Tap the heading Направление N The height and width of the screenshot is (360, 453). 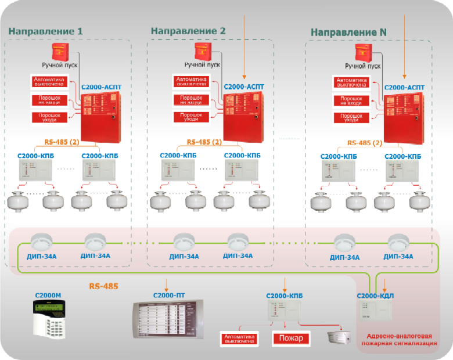point(348,33)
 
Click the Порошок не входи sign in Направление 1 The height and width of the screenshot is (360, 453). point(49,100)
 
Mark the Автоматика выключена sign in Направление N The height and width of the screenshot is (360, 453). point(352,82)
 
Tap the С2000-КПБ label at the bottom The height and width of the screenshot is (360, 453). point(284,296)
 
